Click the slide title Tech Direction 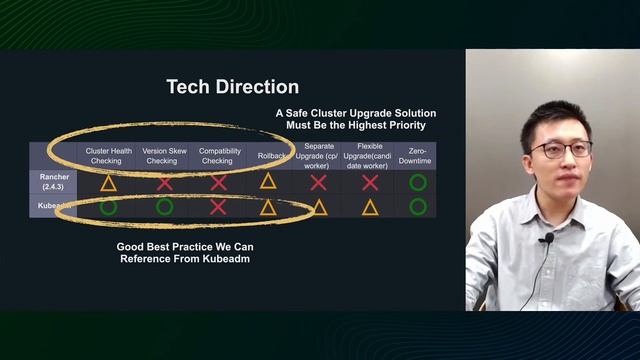tap(232, 87)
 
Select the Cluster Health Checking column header tap(108, 156)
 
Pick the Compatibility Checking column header tap(217, 156)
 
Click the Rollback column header tap(267, 155)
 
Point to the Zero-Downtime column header tap(417, 156)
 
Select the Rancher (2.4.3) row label tap(53, 181)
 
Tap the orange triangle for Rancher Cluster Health tap(108, 183)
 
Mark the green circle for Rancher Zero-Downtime tap(417, 182)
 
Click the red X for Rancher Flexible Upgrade tap(369, 183)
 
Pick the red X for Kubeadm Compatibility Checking tap(218, 207)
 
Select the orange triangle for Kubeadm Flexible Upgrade tap(369, 207)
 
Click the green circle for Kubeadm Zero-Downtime tap(417, 207)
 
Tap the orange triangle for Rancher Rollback tap(267, 181)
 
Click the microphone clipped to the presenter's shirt tap(547, 239)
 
